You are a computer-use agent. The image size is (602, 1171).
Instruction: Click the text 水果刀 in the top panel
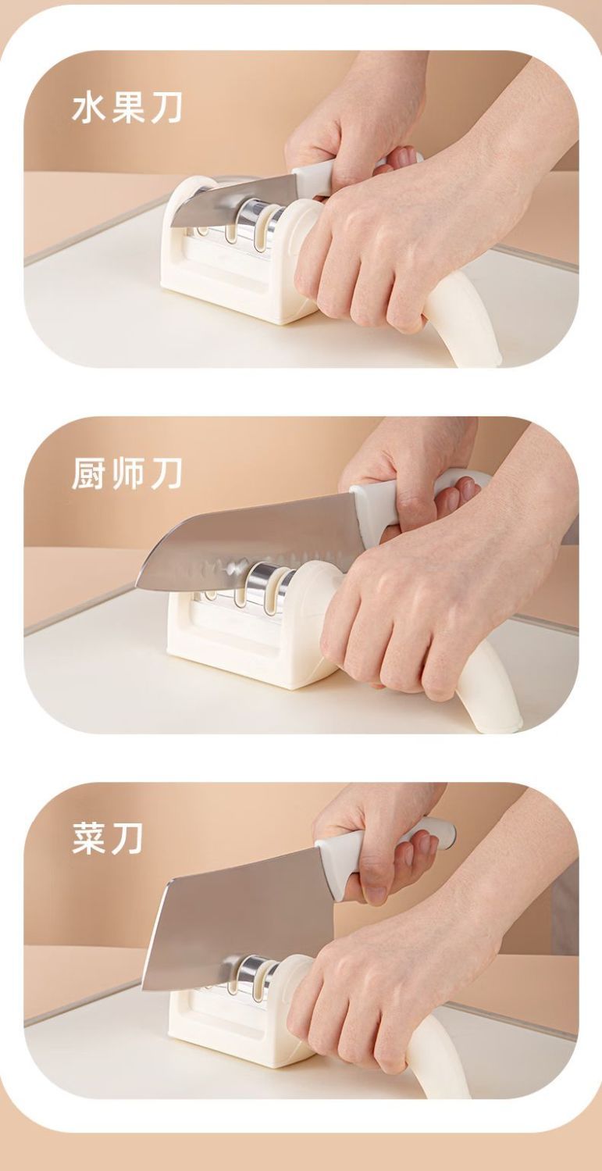[127, 109]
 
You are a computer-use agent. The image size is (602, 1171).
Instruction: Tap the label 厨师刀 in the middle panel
[127, 475]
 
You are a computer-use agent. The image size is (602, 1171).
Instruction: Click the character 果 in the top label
[127, 109]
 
